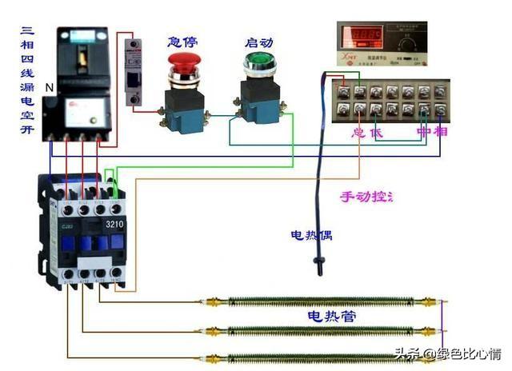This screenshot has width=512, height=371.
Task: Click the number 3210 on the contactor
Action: click(115, 225)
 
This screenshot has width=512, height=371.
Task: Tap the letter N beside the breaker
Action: click(48, 86)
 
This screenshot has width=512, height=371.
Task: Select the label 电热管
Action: click(331, 317)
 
